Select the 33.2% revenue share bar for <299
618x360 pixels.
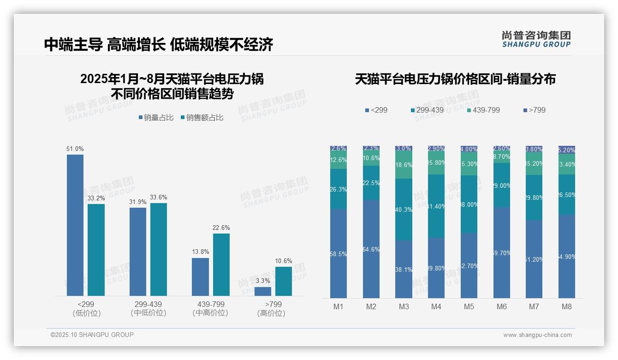pos(96,250)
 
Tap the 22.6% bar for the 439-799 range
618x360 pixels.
pos(221,264)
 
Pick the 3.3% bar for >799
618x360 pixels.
pos(263,291)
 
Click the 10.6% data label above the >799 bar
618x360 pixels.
pos(284,261)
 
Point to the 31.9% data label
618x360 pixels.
pos(138,202)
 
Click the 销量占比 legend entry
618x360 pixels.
pos(156,118)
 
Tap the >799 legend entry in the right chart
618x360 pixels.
pos(535,110)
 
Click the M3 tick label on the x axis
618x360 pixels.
pos(404,306)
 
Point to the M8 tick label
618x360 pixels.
pos(567,306)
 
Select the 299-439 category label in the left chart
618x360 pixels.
pos(148,305)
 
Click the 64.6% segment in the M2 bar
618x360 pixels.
pos(371,249)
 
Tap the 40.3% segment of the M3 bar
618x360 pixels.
pos(404,210)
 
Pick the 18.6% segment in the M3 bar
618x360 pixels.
pos(404,165)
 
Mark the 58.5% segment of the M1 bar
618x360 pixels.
pos(339,253)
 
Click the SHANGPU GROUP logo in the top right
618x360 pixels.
pos(536,39)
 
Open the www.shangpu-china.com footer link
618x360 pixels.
pos(537,335)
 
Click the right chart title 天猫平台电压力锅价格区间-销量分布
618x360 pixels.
pos(455,79)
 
